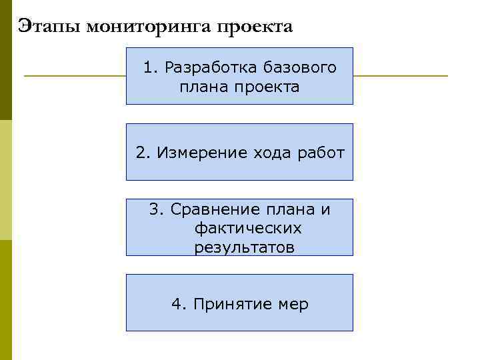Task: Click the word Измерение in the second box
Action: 203,153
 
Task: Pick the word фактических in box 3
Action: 248,229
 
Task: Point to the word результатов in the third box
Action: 244,248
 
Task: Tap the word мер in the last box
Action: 293,305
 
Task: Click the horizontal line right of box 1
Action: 400,76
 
